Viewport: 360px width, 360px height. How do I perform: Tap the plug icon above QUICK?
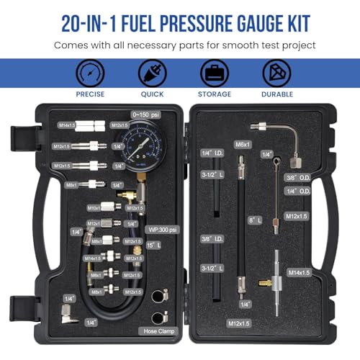(152, 74)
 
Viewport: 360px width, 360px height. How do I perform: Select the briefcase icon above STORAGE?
(215, 74)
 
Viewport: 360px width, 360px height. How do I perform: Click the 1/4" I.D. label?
(207, 153)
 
